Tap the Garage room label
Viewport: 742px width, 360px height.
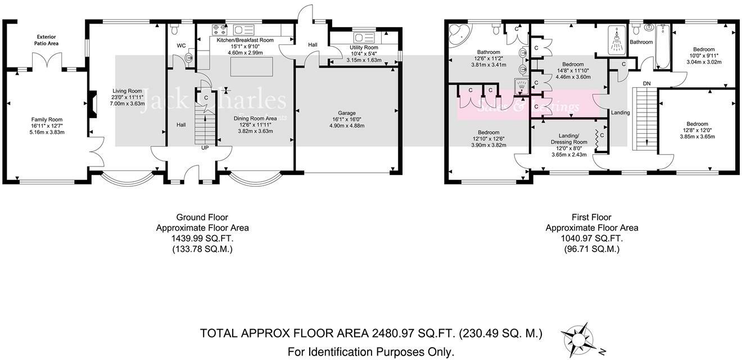tap(347, 113)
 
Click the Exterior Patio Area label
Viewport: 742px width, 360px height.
tap(47, 39)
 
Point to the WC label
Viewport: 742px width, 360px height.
tap(181, 45)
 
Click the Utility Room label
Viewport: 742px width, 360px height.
tap(364, 48)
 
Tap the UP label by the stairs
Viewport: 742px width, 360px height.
tap(205, 148)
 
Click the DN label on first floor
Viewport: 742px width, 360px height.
tap(646, 83)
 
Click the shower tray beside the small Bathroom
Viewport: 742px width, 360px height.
tap(617, 40)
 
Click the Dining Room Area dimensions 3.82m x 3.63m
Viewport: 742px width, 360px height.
tap(255, 131)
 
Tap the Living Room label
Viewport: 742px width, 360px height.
tap(127, 91)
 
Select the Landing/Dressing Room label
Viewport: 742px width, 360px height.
tap(573, 138)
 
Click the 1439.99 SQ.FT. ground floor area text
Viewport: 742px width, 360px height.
tap(202, 238)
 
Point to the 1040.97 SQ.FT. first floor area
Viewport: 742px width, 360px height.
tap(591, 238)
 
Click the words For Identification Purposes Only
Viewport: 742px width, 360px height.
tap(370, 352)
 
